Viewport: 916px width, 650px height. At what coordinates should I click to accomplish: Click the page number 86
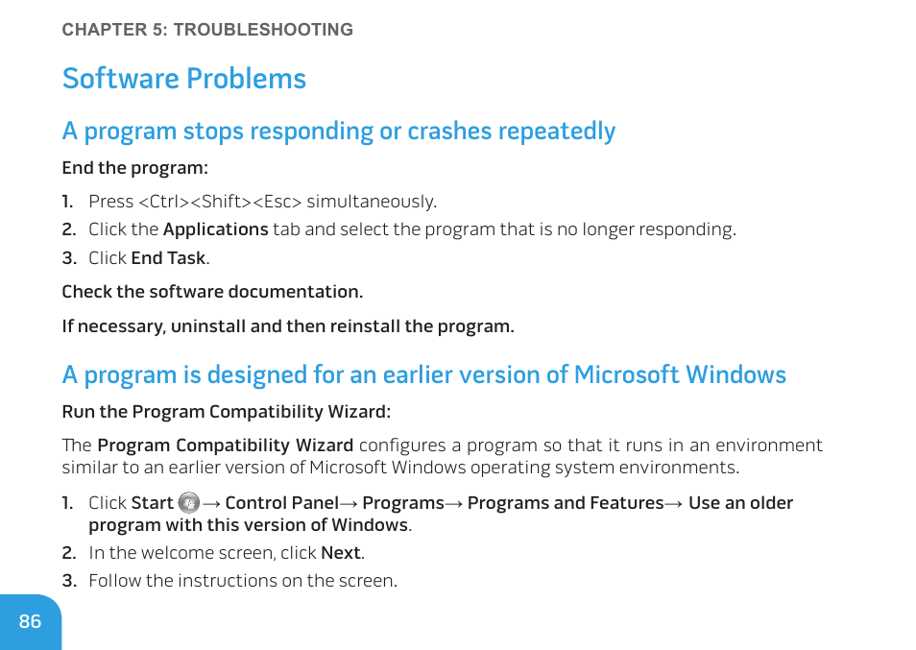(x=30, y=621)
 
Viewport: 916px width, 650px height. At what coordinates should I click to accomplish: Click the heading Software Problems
(x=184, y=79)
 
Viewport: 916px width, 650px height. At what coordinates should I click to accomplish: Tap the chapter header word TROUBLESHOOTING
(x=263, y=30)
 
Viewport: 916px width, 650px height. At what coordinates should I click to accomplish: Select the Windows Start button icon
(x=189, y=503)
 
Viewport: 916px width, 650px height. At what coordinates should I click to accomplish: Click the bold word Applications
(x=216, y=229)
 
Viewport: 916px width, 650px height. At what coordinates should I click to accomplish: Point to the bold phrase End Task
(x=168, y=258)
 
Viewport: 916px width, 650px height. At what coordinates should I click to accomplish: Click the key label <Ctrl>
(x=164, y=202)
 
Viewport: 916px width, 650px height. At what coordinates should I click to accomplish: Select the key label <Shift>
(x=222, y=202)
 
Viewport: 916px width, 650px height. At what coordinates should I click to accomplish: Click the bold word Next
(x=341, y=552)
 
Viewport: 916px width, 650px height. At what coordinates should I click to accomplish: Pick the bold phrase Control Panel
(x=281, y=503)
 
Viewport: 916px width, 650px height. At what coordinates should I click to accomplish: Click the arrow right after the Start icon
(x=212, y=503)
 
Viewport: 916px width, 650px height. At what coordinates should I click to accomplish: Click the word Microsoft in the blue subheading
(x=626, y=375)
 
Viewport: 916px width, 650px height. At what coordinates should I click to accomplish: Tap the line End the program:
(x=135, y=168)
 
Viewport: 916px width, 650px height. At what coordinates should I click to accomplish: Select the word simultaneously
(x=372, y=202)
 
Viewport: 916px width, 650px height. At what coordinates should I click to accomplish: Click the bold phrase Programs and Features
(x=566, y=503)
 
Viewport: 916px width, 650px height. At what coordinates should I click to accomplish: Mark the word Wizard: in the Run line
(x=359, y=412)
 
